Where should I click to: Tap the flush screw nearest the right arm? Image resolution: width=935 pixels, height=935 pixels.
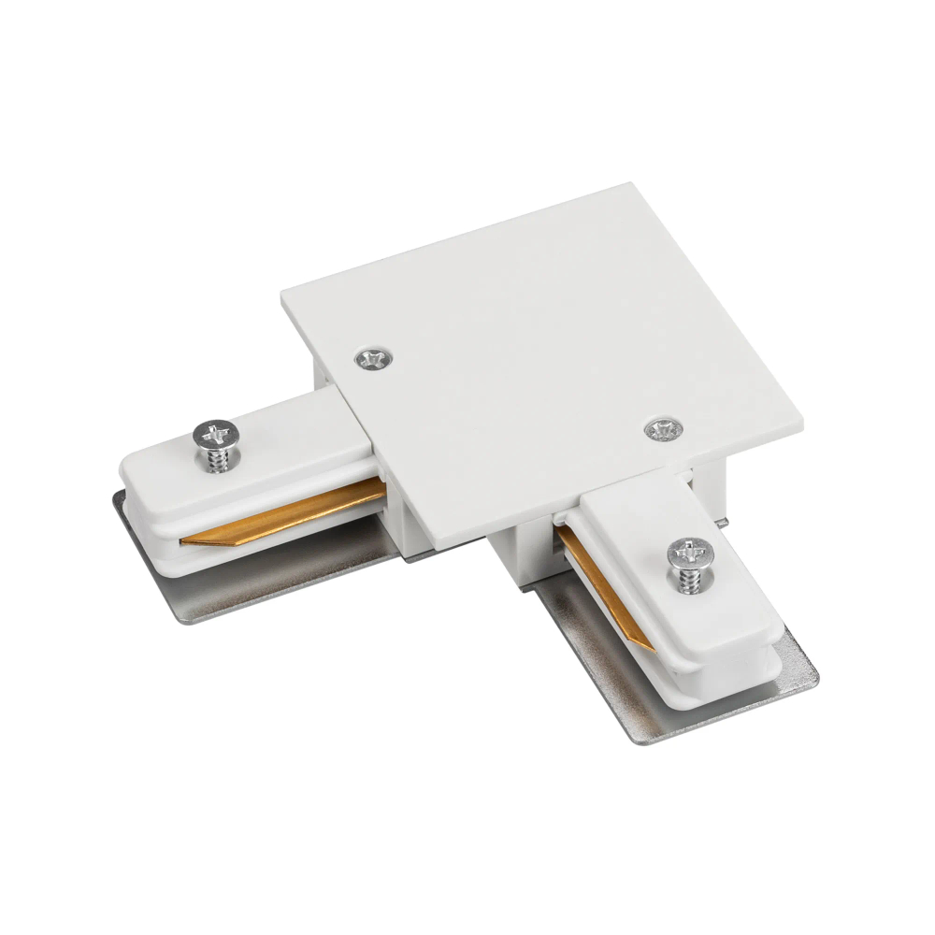pyautogui.click(x=663, y=429)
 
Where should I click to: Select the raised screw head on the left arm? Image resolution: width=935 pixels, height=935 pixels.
pyautogui.click(x=216, y=434)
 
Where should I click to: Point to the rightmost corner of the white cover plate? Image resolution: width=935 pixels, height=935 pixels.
pyautogui.click(x=801, y=417)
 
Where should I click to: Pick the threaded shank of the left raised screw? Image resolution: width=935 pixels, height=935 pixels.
pyautogui.click(x=218, y=460)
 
